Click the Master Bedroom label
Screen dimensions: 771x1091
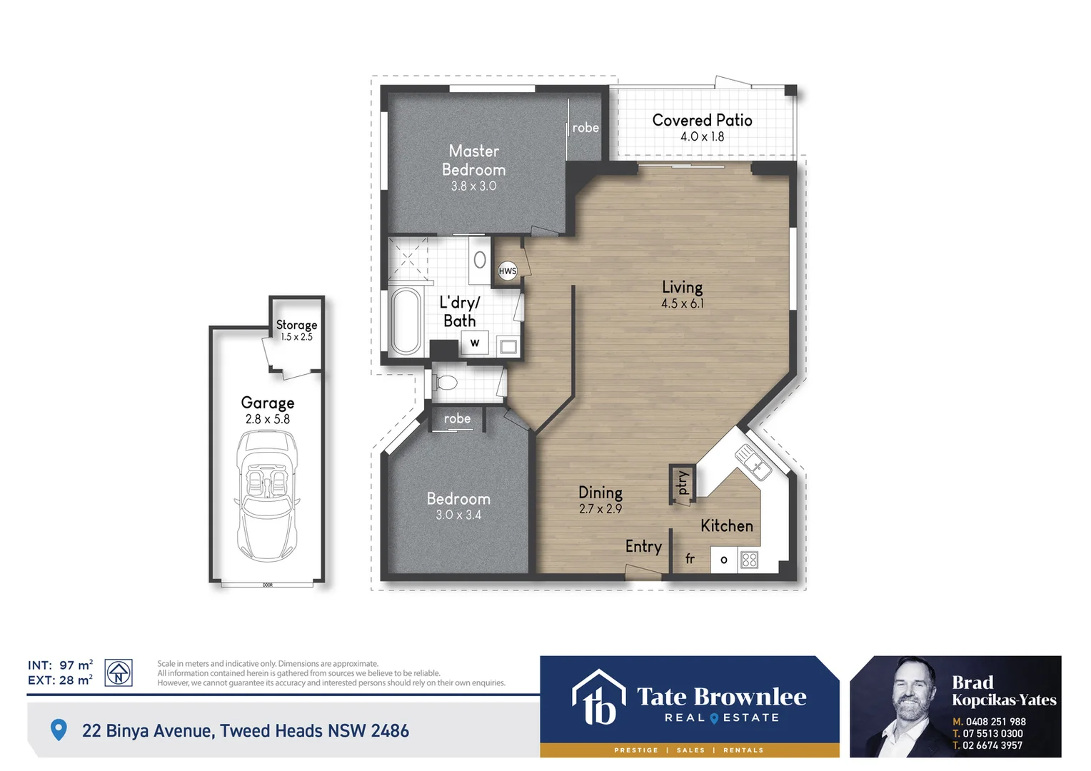click(x=473, y=161)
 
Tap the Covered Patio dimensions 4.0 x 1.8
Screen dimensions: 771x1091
click(x=702, y=137)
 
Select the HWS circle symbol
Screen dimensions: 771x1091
click(x=508, y=271)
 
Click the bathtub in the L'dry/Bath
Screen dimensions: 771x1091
click(x=406, y=321)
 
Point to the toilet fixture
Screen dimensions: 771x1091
click(x=446, y=383)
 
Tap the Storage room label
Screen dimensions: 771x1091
click(x=296, y=325)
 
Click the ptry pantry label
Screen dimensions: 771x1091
click(x=683, y=483)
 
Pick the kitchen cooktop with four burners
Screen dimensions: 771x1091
click(x=749, y=560)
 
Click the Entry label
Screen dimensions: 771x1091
click(x=643, y=547)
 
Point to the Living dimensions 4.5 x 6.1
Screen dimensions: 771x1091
click(x=682, y=304)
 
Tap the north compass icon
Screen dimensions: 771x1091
click(x=119, y=672)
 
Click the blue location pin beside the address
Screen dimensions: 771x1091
click(x=59, y=730)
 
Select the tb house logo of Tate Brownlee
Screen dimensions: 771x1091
click(x=598, y=697)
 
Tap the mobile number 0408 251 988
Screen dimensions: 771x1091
click(x=995, y=722)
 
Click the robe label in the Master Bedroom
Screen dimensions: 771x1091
click(x=585, y=128)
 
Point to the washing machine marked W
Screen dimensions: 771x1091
click(x=475, y=343)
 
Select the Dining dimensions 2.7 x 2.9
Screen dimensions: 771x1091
click(x=600, y=510)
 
